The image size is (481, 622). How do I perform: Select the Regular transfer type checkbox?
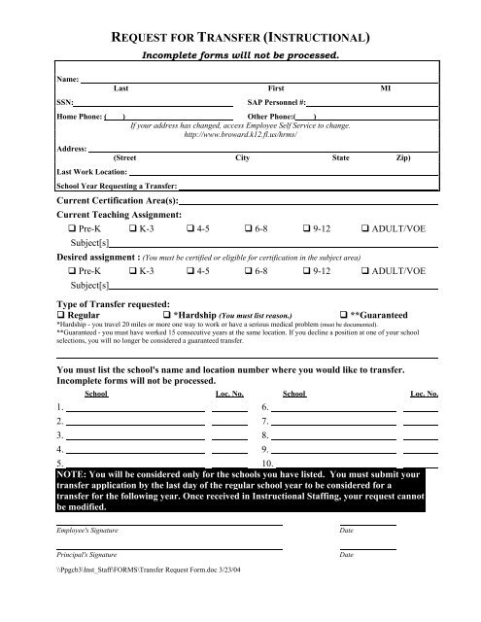coord(61,315)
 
